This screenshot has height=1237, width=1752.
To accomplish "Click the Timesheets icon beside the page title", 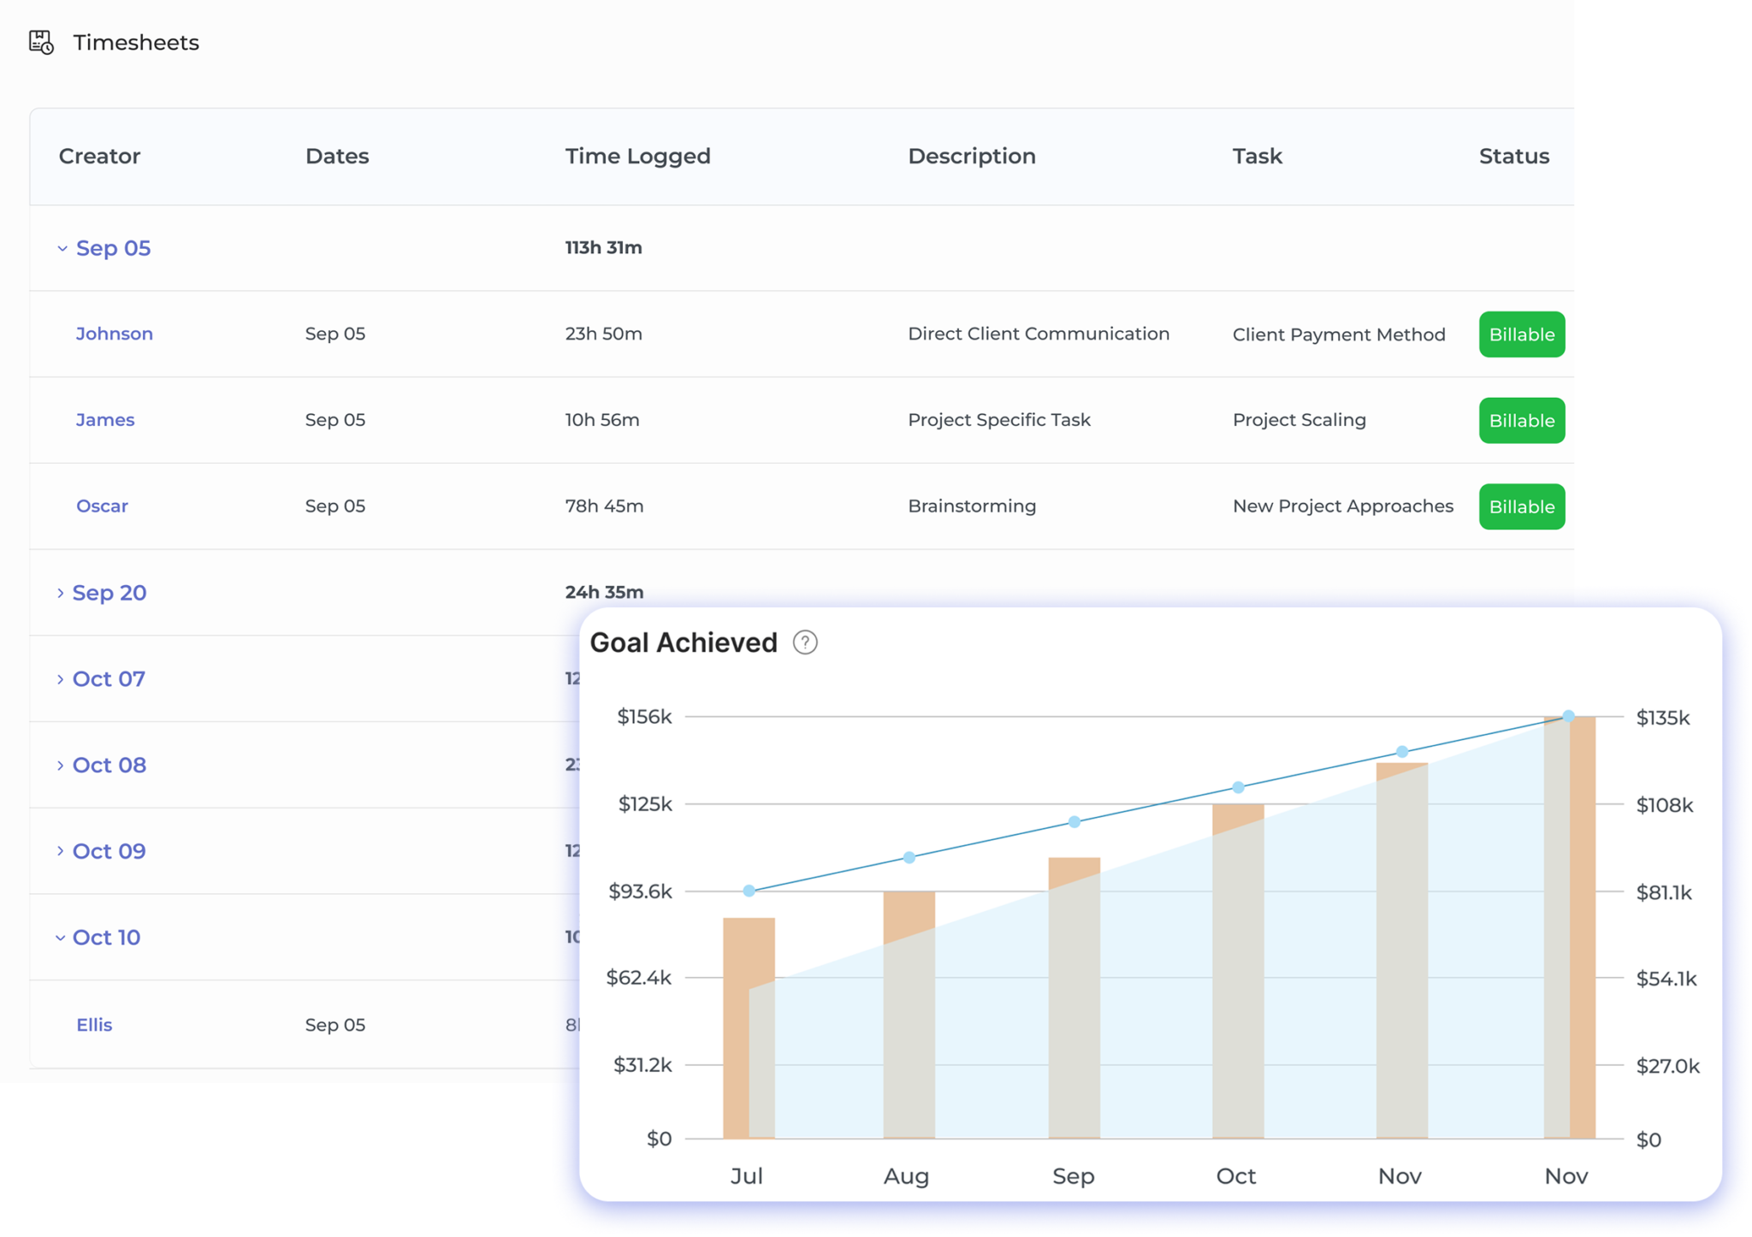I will pyautogui.click(x=41, y=42).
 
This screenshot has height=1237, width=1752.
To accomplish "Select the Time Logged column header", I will pyautogui.click(x=637, y=156).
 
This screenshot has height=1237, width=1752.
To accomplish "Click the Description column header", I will pyautogui.click(x=971, y=156).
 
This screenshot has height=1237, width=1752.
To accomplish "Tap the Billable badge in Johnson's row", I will pyautogui.click(x=1521, y=334).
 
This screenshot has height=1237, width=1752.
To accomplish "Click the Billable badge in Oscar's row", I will pyautogui.click(x=1521, y=506).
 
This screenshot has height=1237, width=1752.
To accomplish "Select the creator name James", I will pyautogui.click(x=104, y=420).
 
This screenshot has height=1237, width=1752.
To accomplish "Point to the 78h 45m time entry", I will pyautogui.click(x=604, y=506).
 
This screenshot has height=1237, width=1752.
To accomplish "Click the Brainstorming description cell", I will pyautogui.click(x=971, y=506).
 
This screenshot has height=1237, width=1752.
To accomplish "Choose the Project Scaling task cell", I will pyautogui.click(x=1299, y=420).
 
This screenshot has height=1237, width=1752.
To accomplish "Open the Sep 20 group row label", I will pyautogui.click(x=109, y=593).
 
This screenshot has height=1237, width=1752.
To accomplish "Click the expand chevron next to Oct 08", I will pyautogui.click(x=60, y=766).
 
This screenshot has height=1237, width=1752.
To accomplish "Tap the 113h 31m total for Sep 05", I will pyautogui.click(x=603, y=247).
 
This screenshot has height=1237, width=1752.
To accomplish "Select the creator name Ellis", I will pyautogui.click(x=94, y=1025).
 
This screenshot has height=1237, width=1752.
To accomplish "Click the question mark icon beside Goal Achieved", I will pyautogui.click(x=804, y=642).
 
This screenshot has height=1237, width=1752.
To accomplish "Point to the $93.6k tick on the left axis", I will pyautogui.click(x=640, y=891).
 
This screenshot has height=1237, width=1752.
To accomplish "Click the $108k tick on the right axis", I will pyautogui.click(x=1664, y=805).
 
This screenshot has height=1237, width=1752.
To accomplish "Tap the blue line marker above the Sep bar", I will pyautogui.click(x=1074, y=822).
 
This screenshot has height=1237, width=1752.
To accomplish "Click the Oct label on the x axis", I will pyautogui.click(x=1235, y=1176).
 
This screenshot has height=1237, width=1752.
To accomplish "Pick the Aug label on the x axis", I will pyautogui.click(x=906, y=1176).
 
